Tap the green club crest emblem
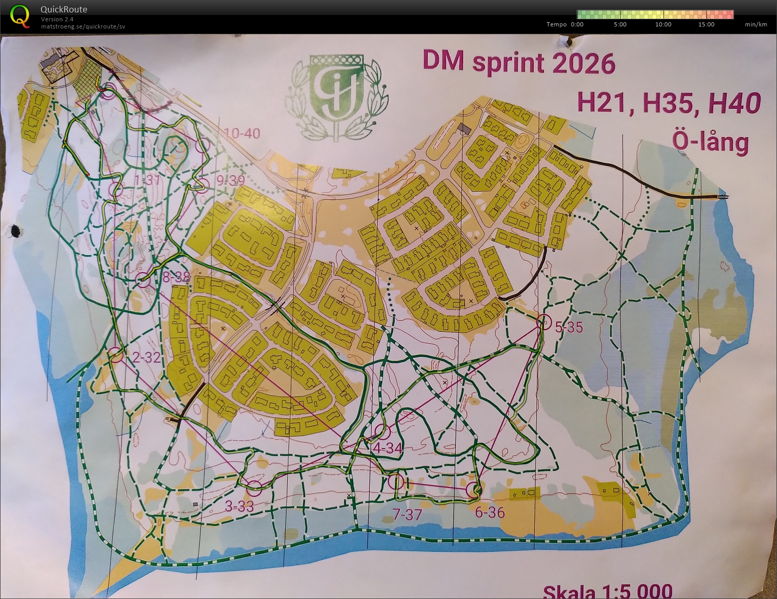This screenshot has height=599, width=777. [337, 96]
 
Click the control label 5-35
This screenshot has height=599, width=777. [569, 327]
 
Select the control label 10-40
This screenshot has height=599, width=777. [242, 134]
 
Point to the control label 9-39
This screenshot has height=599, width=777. [231, 180]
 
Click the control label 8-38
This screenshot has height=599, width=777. [176, 277]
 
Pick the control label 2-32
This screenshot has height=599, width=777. [146, 357]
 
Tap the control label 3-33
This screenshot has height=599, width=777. [239, 506]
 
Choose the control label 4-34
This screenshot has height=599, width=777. [387, 448]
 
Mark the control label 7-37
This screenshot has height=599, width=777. [407, 514]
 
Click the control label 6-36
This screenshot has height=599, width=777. [490, 512]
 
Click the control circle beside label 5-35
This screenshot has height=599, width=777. [544, 322]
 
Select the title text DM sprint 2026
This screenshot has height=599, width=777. [519, 63]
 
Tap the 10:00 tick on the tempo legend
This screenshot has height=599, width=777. [663, 24]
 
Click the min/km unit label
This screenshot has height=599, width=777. [756, 24]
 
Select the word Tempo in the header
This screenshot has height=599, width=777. [557, 24]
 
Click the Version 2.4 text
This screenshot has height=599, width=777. [57, 19]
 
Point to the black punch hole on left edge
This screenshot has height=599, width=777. [16, 231]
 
